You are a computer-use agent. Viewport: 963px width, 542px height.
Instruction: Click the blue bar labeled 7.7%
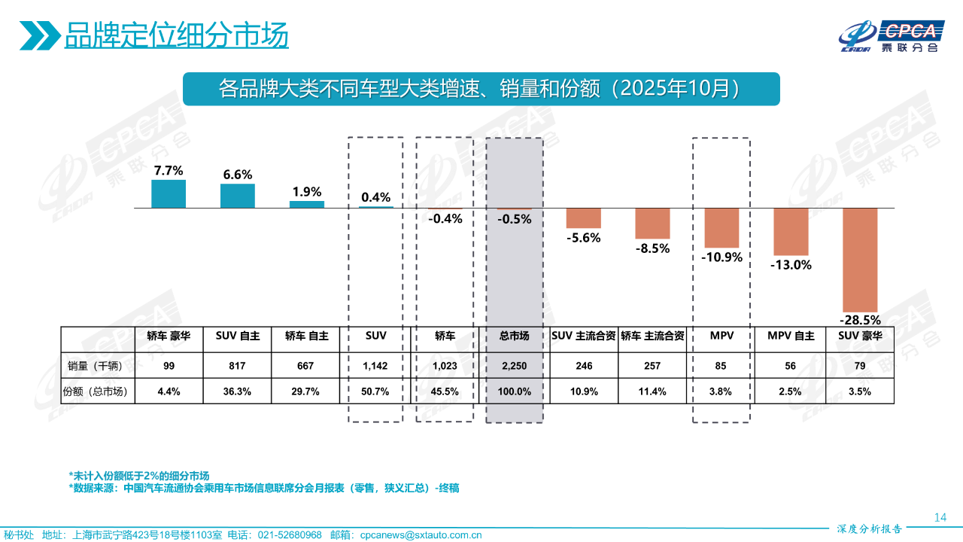pos(169,193)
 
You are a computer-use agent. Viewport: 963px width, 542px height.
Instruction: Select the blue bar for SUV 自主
pos(238,196)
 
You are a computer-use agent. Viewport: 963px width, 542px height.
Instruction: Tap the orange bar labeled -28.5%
pos(860,259)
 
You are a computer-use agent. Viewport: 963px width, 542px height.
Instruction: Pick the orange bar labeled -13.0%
pos(791,232)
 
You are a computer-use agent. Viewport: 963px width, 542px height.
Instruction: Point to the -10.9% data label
pos(722,257)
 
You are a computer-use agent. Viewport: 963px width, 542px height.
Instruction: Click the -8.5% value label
pos(652,248)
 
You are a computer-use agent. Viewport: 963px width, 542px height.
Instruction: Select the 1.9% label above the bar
pos(307,192)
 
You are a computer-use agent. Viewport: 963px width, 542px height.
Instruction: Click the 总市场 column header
pos(514,336)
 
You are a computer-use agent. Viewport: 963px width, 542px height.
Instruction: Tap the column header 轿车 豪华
pos(169,336)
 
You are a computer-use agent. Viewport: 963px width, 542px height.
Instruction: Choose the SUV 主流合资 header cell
pos(584,336)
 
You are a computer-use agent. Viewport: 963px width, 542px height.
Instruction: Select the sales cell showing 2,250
pos(514,366)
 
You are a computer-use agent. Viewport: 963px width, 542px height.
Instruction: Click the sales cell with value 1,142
pos(375,366)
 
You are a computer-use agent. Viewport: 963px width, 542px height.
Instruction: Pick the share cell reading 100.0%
pos(514,391)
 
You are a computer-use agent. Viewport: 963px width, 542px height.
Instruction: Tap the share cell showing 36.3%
pos(238,391)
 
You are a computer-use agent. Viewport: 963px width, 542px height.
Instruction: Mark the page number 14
pos(940,517)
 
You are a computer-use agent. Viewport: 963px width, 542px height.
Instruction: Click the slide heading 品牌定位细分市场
pos(176,35)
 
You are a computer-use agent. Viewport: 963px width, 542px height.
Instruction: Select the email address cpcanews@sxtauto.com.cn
pos(421,535)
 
